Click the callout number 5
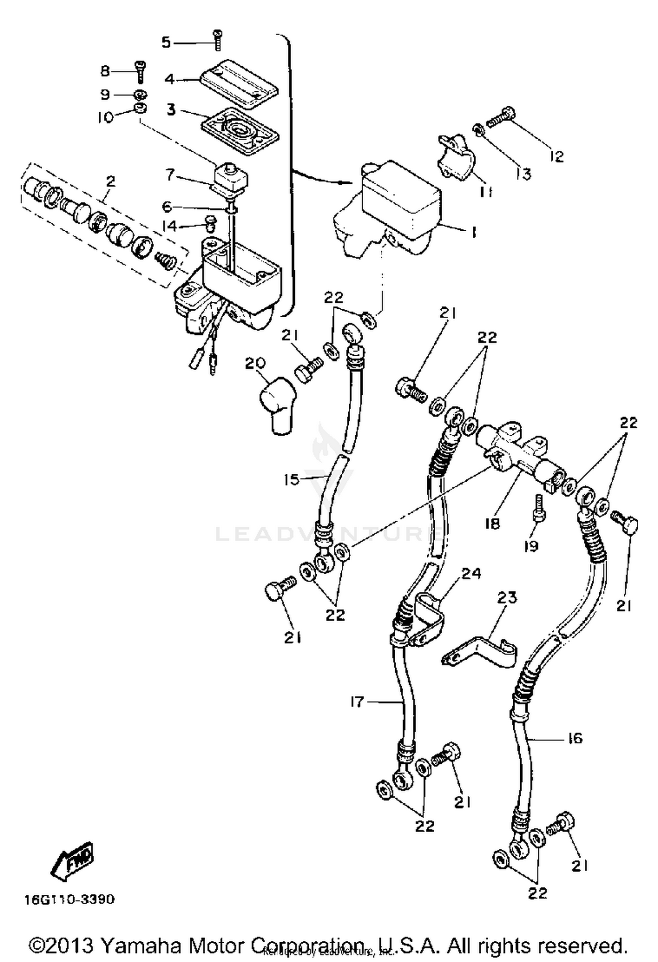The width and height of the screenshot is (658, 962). point(166,43)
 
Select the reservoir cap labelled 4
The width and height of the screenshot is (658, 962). point(239,84)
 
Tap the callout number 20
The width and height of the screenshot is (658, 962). point(255,364)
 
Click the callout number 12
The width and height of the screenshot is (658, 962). point(557,157)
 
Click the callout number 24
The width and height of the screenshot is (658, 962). point(471,574)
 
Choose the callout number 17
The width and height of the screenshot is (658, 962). point(357,702)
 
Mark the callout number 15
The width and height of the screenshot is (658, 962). point(291,479)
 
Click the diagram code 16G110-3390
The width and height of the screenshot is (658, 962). point(69,899)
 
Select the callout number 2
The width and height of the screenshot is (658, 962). point(111,181)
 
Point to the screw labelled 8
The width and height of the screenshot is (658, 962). point(140,71)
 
